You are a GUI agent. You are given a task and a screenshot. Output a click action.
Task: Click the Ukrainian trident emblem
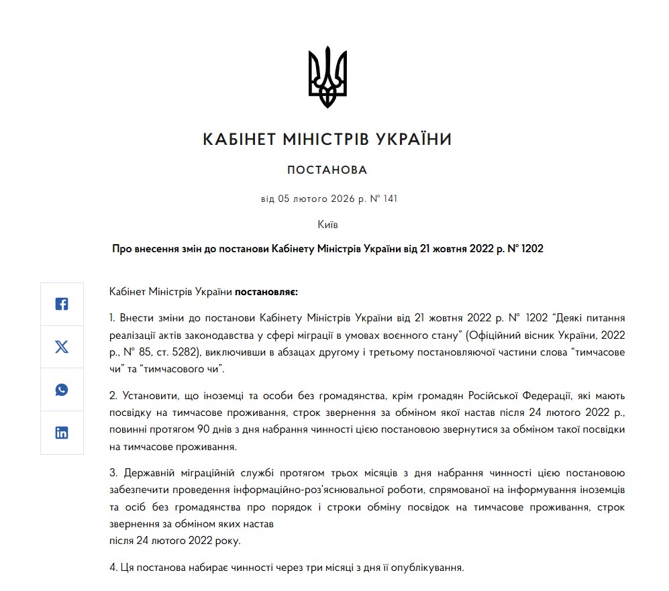click(327, 76)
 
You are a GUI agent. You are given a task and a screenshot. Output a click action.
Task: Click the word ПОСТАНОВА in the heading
click(327, 170)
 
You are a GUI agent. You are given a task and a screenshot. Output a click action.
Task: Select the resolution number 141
click(391, 199)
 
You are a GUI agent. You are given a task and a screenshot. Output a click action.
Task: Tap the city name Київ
click(327, 224)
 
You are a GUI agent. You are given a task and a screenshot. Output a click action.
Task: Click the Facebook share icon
click(62, 304)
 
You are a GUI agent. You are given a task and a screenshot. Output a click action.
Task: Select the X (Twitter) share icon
click(62, 347)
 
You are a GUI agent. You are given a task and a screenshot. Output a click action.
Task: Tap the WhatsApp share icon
click(62, 390)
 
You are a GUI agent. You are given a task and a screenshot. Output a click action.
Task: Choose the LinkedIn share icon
click(62, 433)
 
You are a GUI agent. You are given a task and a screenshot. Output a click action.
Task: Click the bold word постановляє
click(266, 292)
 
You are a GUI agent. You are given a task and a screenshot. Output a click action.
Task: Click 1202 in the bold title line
click(530, 248)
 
